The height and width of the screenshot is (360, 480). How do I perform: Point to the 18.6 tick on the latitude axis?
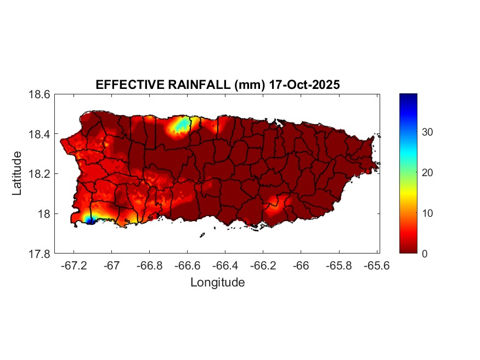click(39, 94)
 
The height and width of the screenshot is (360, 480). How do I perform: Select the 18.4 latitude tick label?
click(39, 134)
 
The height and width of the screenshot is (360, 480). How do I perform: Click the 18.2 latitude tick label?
click(39, 174)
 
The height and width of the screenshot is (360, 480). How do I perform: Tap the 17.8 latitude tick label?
click(39, 254)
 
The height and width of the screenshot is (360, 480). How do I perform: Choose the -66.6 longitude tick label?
click(187, 266)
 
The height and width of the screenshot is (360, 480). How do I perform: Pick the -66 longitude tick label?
click(301, 266)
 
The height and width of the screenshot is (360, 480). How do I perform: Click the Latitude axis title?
click(18, 174)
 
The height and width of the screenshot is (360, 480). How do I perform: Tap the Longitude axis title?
click(217, 283)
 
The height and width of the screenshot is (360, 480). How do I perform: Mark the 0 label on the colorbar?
click(425, 254)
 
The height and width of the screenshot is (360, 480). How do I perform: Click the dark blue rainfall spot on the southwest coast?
click(90, 221)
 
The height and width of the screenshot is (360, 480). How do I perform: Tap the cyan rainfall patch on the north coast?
click(179, 126)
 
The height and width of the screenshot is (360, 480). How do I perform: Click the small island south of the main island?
click(202, 235)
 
